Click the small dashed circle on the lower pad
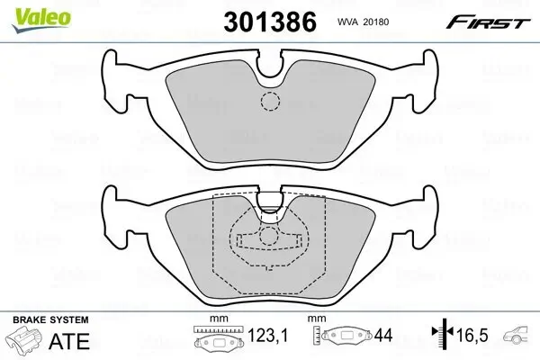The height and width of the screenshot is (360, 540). [x=269, y=238]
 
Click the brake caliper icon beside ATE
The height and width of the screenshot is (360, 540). [x=27, y=343]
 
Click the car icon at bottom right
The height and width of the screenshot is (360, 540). [x=519, y=339]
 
